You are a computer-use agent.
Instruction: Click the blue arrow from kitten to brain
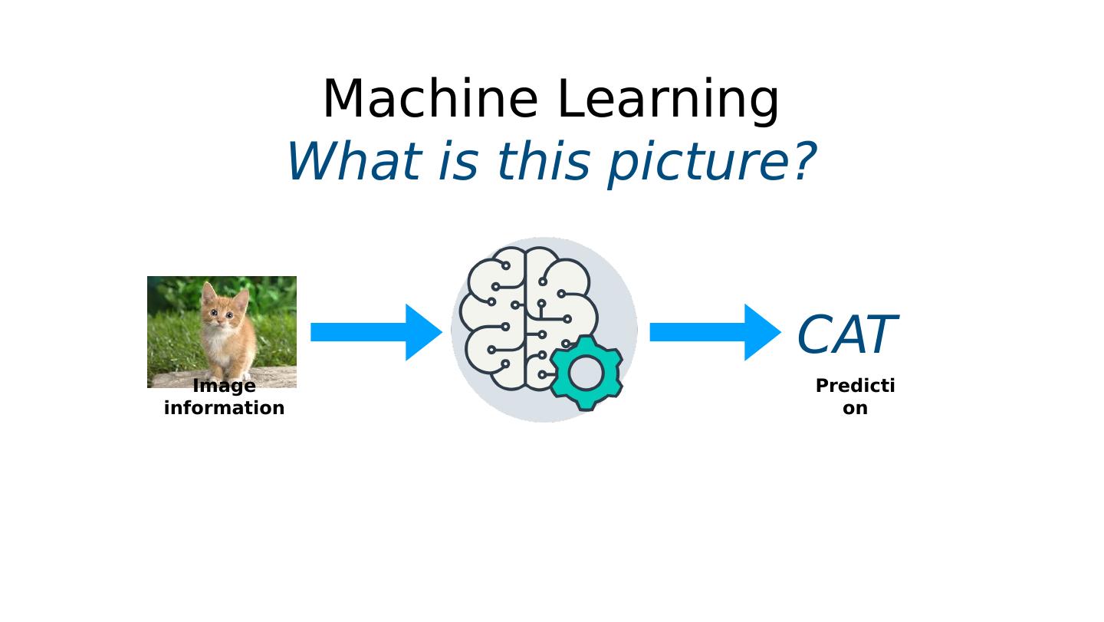pos(376,332)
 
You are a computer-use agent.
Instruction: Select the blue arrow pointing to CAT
pos(715,332)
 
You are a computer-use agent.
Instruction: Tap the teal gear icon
pos(586,372)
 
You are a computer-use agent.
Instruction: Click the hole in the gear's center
pos(586,373)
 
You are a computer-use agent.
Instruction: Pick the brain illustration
pos(521,318)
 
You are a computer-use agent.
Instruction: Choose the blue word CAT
pos(846,335)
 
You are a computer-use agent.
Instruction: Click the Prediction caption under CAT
pos(855,397)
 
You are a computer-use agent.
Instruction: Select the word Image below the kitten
pos(224,386)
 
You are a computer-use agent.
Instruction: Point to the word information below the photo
pos(224,408)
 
